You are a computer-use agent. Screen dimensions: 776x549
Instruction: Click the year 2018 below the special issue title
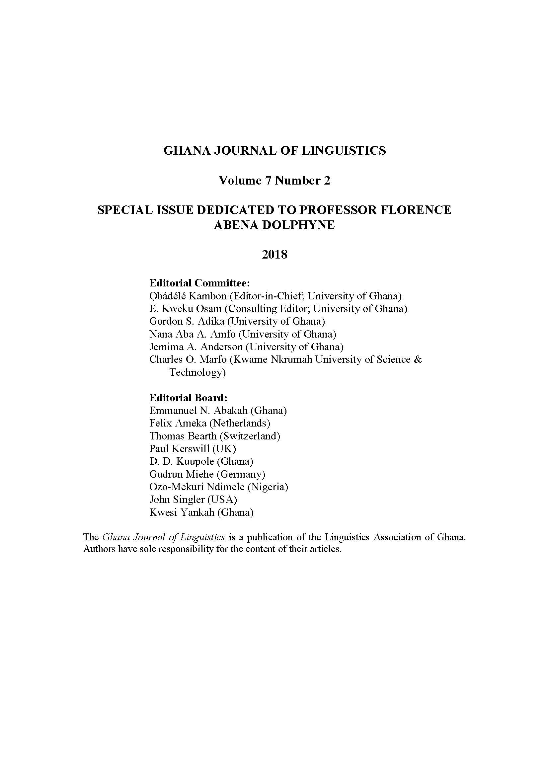pos(274,254)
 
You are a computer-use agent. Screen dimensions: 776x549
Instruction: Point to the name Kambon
pos(207,296)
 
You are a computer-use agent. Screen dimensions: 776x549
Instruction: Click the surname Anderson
pos(221,347)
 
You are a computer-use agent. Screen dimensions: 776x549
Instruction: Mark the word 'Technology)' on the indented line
pos(197,372)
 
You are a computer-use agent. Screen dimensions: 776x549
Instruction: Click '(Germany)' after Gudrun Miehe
pos(241,474)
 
